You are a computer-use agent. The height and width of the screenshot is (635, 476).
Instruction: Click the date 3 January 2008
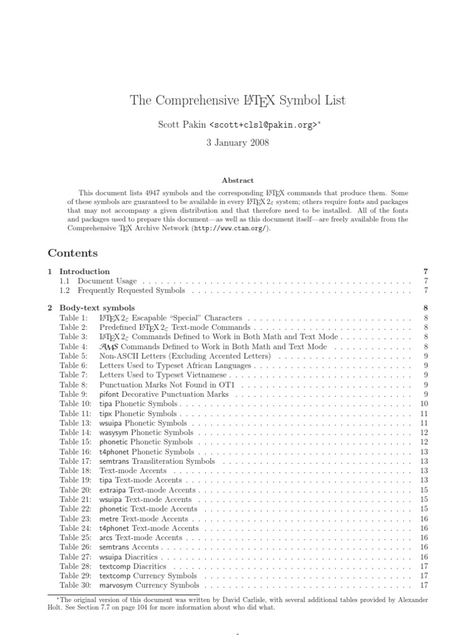tap(238, 142)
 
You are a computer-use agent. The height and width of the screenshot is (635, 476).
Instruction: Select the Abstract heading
tap(238, 180)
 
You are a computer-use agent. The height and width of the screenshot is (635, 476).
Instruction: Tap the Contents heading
tap(73, 253)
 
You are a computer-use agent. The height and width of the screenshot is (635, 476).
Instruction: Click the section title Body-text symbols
tap(97, 308)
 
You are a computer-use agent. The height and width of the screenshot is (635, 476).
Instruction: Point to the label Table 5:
tap(73, 356)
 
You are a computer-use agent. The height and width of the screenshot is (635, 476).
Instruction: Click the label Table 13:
tap(75, 423)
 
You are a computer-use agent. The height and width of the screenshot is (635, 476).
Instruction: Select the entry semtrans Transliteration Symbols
tap(157, 461)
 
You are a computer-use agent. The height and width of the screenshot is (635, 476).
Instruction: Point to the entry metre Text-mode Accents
tap(143, 518)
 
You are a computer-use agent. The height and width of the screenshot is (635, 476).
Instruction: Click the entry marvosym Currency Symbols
tap(149, 585)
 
